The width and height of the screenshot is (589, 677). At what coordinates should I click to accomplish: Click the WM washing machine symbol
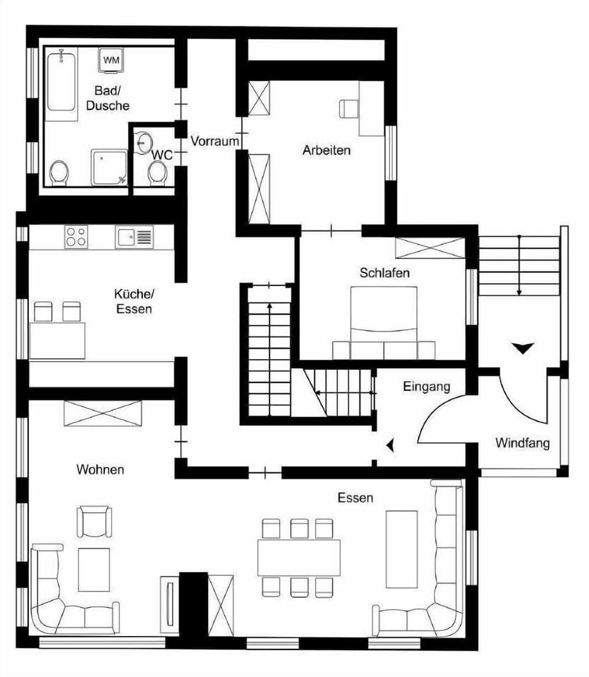coord(111,59)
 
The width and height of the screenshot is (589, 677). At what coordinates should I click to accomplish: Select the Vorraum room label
coord(215,141)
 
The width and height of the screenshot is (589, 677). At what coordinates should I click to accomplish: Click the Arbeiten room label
coord(326,150)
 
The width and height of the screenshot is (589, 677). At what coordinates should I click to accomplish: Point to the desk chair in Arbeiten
coord(348,108)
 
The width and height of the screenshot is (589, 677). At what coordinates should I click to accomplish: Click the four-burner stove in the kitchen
coord(76,236)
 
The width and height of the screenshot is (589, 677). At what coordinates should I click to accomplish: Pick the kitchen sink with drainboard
coord(134,237)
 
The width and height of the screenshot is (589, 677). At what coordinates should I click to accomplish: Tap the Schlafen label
coord(385,273)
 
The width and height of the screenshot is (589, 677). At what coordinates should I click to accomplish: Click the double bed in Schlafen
coord(384,322)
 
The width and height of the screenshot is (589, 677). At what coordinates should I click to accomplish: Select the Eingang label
coord(426,387)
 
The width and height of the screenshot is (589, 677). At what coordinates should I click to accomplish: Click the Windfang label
coord(522,443)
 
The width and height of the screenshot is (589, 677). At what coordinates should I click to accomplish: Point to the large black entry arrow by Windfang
coord(522,347)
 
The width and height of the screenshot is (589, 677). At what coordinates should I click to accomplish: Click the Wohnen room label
coord(101,469)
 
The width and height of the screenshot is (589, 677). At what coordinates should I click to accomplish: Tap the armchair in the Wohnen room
coord(94,521)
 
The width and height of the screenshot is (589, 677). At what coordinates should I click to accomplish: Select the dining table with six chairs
coord(299,558)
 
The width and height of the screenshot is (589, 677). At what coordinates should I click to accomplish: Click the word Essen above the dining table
coord(355,498)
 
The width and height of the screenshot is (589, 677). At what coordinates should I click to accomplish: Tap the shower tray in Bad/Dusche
coord(109,167)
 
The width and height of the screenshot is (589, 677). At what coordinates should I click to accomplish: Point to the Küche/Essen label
coord(134,301)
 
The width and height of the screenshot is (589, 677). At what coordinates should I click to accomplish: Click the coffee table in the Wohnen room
coord(94,570)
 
